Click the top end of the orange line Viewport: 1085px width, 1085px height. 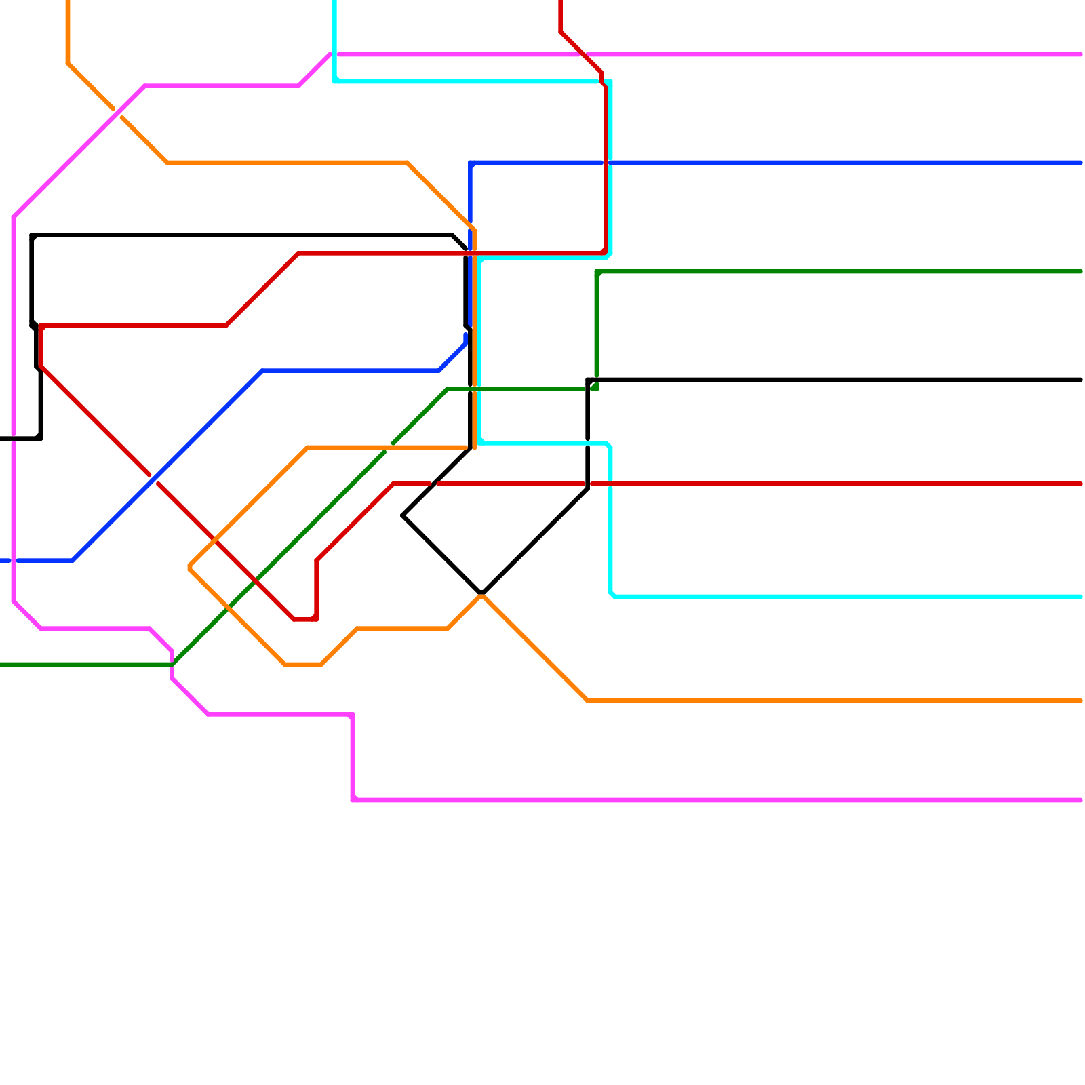click(x=68, y=2)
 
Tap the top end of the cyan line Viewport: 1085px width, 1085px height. click(x=335, y=2)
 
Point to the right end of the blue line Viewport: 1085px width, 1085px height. click(x=1081, y=163)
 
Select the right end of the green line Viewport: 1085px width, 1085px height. click(x=1081, y=271)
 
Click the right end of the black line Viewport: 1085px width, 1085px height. click(x=1081, y=380)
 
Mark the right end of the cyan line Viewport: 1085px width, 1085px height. click(x=1081, y=597)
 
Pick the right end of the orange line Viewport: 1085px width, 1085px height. click(x=1081, y=701)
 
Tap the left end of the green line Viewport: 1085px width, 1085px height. click(x=2, y=665)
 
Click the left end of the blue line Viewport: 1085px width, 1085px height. click(x=2, y=561)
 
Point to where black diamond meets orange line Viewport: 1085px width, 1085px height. click(x=481, y=594)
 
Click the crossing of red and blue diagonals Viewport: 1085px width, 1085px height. click(x=154, y=479)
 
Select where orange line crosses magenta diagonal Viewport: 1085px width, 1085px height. click(x=117, y=113)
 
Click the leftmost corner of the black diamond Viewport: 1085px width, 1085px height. click(x=403, y=515)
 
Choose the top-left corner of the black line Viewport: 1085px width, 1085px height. click(x=32, y=235)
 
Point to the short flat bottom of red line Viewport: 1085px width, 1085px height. click(x=304, y=619)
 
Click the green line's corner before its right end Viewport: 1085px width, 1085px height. click(x=597, y=272)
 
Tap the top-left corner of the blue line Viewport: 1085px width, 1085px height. click(x=471, y=163)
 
